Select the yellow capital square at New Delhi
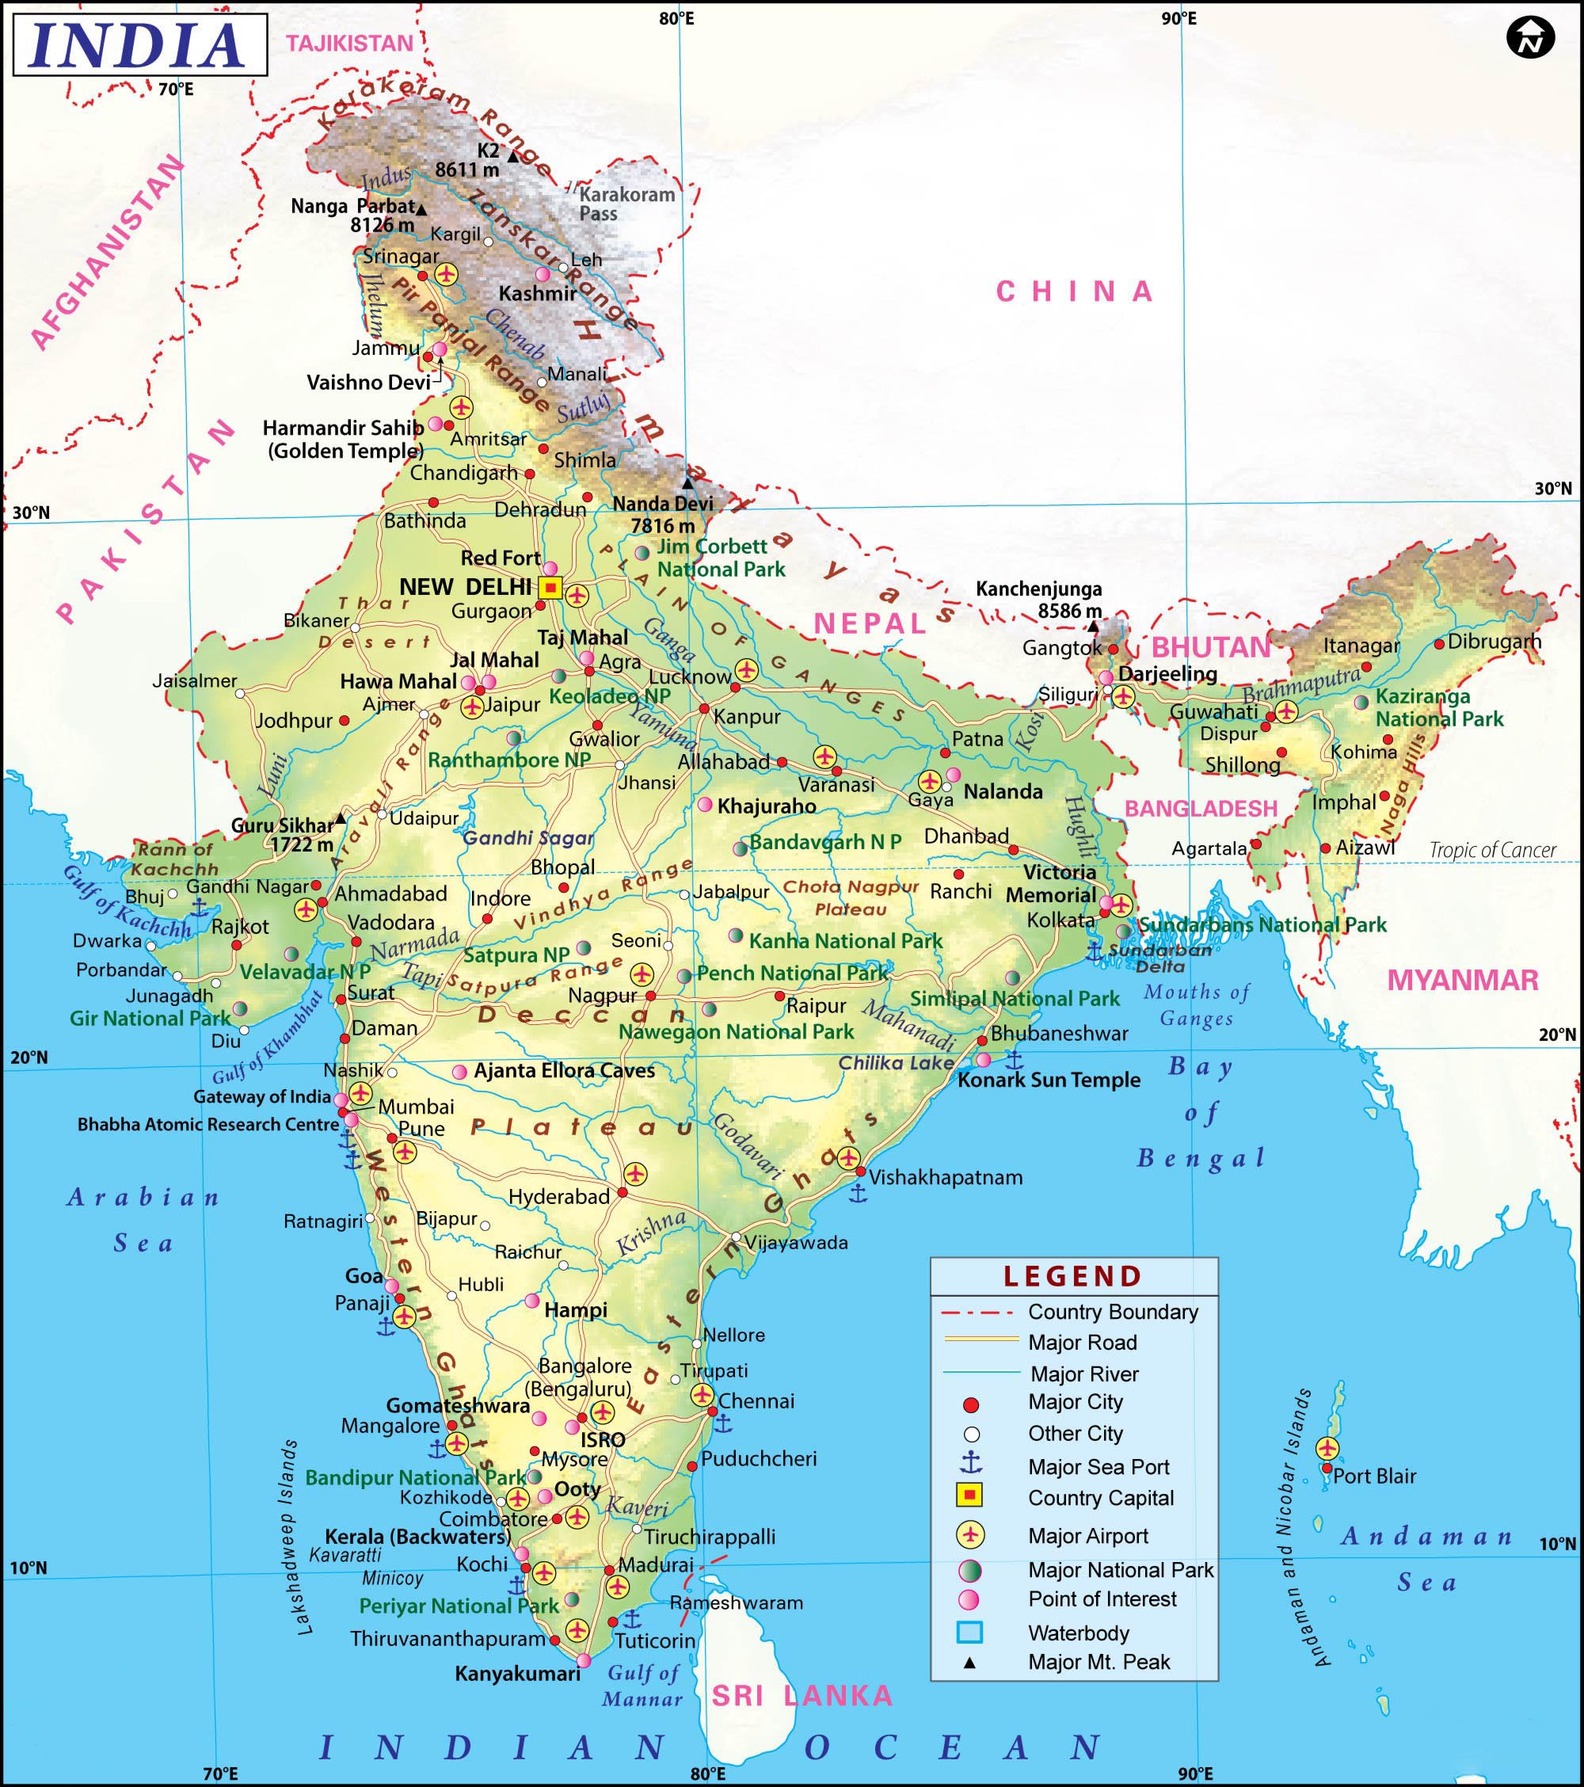click(x=550, y=589)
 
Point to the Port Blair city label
click(x=1374, y=1476)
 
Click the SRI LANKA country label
click(x=802, y=1696)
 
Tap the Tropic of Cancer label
click(x=1492, y=850)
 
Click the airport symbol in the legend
click(x=970, y=1534)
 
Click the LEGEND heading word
click(x=1072, y=1276)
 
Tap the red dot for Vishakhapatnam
click(x=860, y=1172)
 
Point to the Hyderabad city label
click(x=559, y=1197)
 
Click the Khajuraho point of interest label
click(x=767, y=806)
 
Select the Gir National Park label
click(x=150, y=1019)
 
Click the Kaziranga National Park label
click(x=1439, y=708)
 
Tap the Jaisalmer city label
click(x=195, y=681)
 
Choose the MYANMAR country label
click(x=1463, y=980)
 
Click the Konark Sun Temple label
click(x=1049, y=1080)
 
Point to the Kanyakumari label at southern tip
click(x=517, y=1674)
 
